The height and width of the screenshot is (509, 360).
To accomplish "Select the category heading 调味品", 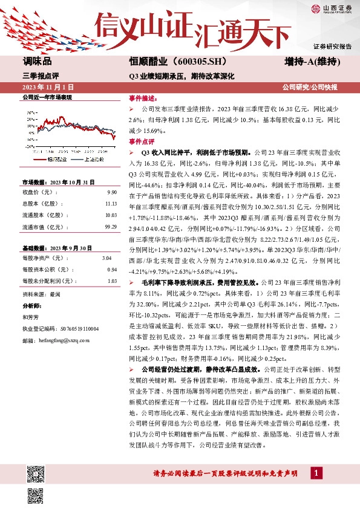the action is [37, 62].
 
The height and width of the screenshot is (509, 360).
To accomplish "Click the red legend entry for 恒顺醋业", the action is [57, 158].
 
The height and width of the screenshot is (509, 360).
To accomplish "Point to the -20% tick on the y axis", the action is [30, 146].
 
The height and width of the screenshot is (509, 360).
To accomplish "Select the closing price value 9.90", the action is [111, 192].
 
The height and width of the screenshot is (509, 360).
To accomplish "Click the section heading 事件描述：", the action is [142, 97].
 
